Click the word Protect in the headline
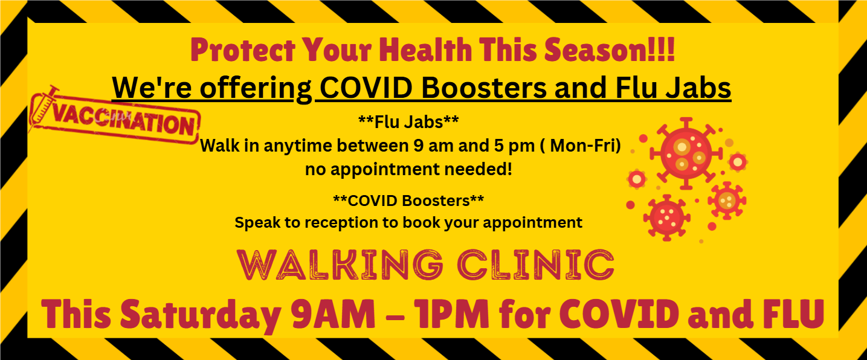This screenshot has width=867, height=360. pos(243,50)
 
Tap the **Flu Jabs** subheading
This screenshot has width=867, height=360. pos(408,122)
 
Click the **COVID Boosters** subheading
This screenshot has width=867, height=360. pos(408,201)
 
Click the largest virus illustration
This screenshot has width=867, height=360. pos(686,153)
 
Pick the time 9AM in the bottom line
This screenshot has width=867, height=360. pos(334,314)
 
